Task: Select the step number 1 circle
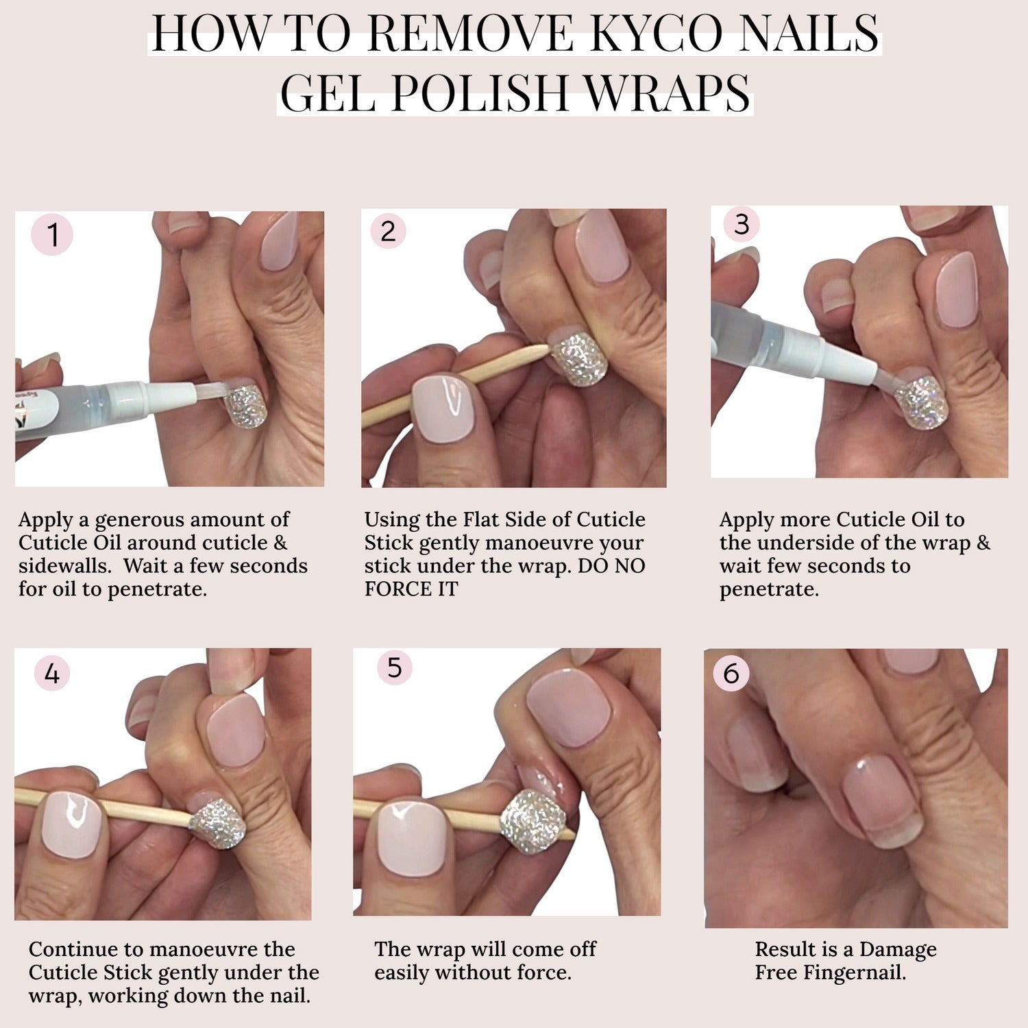tap(52, 234)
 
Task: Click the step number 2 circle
tap(388, 231)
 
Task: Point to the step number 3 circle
tap(742, 224)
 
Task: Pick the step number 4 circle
tap(52, 674)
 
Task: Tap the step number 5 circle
tap(395, 667)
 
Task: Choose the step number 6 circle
tap(731, 673)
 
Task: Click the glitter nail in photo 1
tap(246, 406)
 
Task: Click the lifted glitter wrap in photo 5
tap(533, 821)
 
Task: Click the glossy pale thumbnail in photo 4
tap(71, 824)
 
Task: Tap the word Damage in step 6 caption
tap(898, 951)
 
